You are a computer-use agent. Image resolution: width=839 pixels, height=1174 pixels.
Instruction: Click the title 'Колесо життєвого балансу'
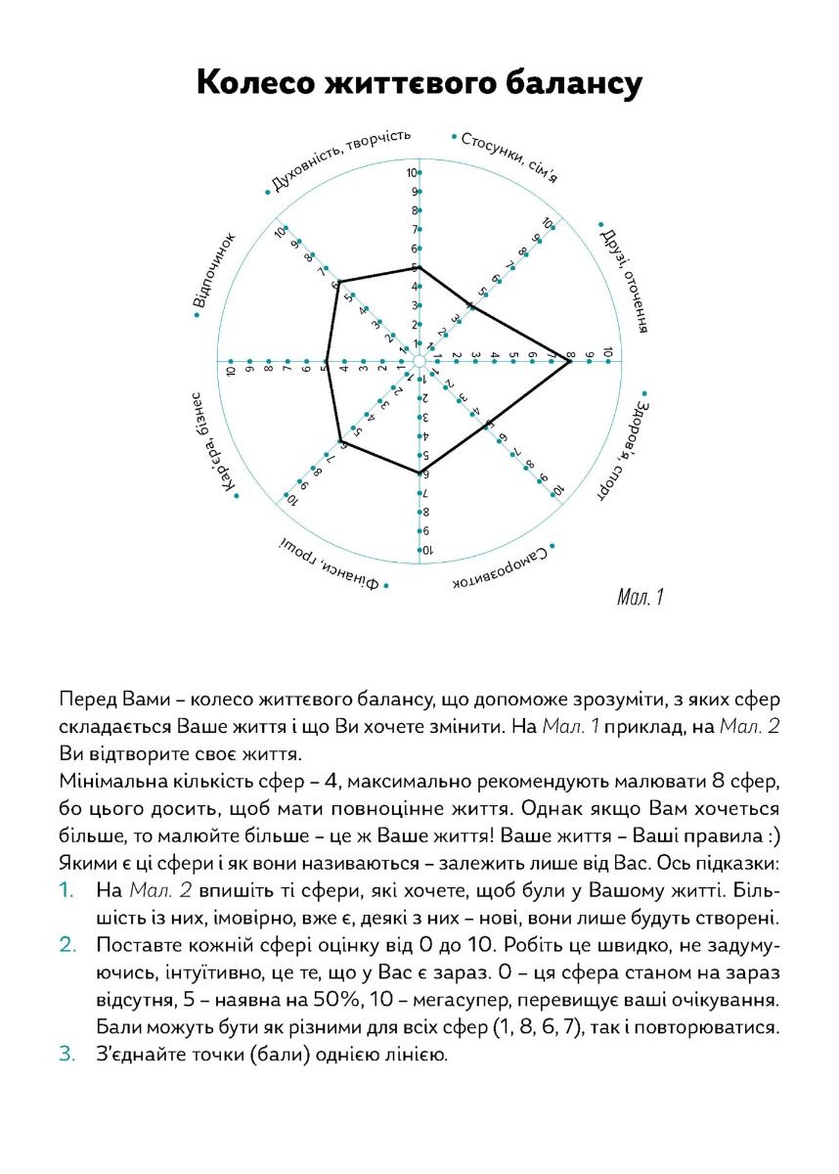[x=419, y=83]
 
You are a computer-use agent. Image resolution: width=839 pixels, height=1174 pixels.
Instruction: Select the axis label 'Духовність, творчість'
[x=339, y=160]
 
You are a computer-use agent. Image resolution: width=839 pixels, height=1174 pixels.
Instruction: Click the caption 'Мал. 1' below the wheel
[x=641, y=597]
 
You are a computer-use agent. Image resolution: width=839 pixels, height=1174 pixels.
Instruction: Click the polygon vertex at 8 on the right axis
[x=570, y=362]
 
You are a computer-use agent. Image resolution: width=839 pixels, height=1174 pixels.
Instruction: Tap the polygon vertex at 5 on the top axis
[x=419, y=267]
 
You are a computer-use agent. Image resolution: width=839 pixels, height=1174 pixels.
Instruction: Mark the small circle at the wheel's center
[x=419, y=362]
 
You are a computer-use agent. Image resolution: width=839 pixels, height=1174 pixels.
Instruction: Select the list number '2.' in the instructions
[x=66, y=946]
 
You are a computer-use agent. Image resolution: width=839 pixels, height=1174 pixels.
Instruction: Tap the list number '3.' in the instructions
[x=66, y=1056]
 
